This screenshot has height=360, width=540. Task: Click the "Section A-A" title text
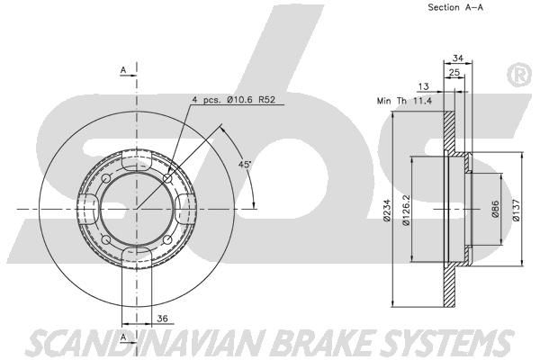tap(455, 7)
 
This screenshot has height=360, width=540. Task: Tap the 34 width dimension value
tap(457, 58)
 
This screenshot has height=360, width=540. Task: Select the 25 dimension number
tap(454, 72)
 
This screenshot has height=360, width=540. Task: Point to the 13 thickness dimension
tap(423, 86)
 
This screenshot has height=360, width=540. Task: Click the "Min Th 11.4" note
tap(404, 101)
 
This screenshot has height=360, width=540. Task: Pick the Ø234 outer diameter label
tap(387, 210)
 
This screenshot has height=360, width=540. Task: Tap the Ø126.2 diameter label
tap(407, 210)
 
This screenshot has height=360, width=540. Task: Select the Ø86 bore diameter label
tap(495, 210)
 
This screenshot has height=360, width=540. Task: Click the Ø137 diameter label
tap(516, 210)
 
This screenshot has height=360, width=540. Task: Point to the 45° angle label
tap(245, 165)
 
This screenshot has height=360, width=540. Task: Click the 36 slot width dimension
tap(162, 319)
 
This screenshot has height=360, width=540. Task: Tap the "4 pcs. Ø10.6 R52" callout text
tap(234, 100)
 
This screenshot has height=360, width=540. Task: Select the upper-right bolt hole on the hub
tap(167, 178)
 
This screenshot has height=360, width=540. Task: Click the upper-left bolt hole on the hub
tap(106, 178)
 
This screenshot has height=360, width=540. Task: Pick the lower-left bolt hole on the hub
tap(106, 239)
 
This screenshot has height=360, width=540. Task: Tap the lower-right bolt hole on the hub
tap(167, 239)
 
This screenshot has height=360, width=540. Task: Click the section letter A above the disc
tap(123, 70)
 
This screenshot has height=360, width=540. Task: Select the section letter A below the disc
tap(123, 338)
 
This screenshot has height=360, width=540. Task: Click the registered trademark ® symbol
tap(520, 76)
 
